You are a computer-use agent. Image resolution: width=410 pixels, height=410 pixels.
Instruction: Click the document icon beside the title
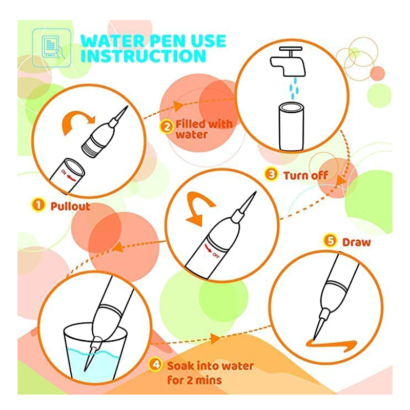point(51,48)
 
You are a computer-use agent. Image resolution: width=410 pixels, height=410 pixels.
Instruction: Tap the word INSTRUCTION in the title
point(143,56)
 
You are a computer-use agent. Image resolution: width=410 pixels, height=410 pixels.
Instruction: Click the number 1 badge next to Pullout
point(38,204)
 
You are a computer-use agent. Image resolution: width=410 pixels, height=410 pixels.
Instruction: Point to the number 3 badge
point(271,174)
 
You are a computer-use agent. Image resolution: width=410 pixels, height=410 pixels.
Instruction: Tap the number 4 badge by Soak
point(155,364)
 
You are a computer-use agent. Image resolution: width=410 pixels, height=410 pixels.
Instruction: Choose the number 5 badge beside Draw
point(330,240)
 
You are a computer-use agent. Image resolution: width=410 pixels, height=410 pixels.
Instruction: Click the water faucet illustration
point(288,61)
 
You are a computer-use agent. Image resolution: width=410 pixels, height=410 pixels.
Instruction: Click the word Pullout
point(70,207)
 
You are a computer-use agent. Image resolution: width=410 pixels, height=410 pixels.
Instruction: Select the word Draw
point(356,242)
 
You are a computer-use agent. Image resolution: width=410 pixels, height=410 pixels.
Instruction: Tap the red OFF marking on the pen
point(212,251)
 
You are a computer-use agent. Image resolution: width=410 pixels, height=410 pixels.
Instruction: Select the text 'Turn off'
point(305,175)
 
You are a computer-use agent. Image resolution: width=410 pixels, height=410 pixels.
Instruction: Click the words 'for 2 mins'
point(195,380)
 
